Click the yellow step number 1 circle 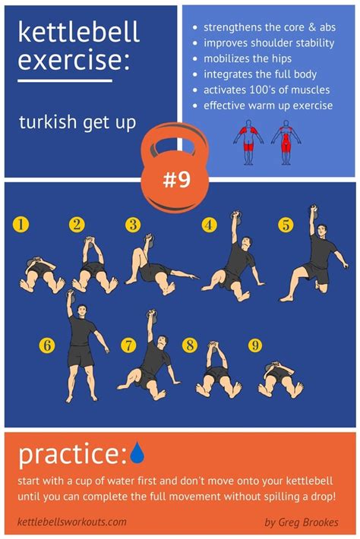click(21, 225)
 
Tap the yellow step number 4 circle click(209, 225)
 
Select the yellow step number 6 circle click(47, 345)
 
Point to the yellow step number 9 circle click(255, 345)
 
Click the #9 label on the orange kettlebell click(176, 179)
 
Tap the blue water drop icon click(137, 452)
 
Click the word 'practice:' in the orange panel click(73, 455)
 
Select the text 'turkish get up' click(77, 122)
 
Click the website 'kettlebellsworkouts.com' click(72, 522)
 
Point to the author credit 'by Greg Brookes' click(302, 522)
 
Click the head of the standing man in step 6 click(82, 310)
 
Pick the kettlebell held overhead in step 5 click(314, 209)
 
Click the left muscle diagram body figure click(248, 142)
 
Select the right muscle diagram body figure click(286, 142)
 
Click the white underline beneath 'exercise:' click(65, 80)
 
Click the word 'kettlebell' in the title click(79, 32)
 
